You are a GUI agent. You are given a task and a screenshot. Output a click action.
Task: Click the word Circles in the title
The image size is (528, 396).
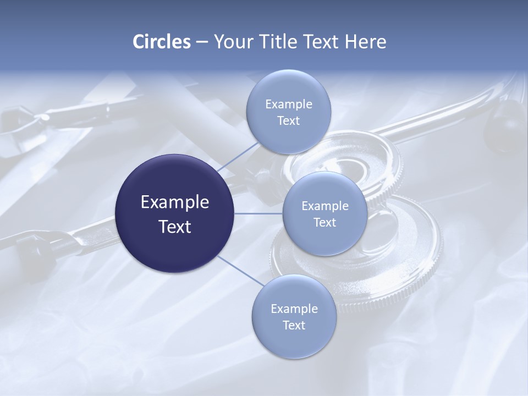click(x=162, y=42)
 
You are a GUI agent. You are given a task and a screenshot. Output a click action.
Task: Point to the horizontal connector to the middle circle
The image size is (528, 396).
click(x=258, y=213)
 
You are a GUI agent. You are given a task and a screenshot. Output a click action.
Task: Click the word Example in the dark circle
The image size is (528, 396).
click(x=175, y=202)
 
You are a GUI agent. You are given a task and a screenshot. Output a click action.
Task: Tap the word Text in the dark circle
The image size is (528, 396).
click(x=175, y=227)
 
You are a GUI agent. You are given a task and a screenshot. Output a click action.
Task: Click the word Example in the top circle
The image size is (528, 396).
click(x=289, y=105)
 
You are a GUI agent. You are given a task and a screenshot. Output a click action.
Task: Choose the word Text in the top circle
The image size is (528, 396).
click(x=289, y=121)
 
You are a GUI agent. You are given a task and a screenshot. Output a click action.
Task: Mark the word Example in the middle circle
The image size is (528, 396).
click(x=325, y=206)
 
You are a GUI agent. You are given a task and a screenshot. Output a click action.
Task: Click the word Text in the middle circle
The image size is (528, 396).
click(x=325, y=223)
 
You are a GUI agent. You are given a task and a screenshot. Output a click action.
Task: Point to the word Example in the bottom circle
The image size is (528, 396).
click(x=294, y=309)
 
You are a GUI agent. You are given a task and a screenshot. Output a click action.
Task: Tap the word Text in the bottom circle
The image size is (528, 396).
click(x=294, y=326)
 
